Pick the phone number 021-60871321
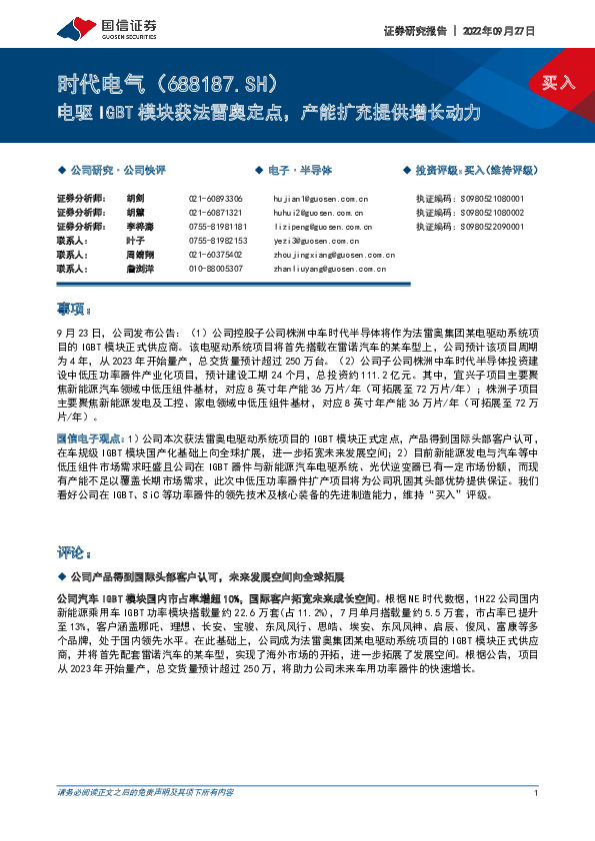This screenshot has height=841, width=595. [215, 213]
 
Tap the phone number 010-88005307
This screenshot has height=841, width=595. [215, 269]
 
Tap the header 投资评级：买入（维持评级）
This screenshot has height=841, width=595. [477, 171]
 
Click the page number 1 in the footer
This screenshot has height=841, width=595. [538, 820]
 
